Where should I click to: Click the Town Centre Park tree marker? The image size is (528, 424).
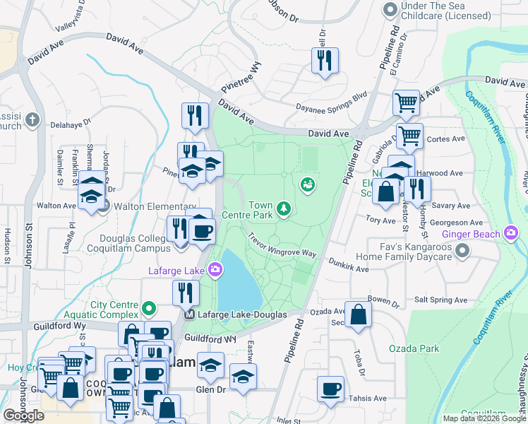tap(283, 208)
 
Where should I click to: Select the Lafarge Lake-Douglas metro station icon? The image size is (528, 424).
tap(189, 314)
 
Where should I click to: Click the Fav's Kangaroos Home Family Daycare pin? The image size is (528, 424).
tap(462, 250)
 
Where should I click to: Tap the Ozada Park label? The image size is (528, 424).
tap(414, 348)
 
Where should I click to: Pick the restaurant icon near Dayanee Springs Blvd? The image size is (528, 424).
tap(325, 60)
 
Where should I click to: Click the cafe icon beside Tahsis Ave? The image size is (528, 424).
tap(330, 389)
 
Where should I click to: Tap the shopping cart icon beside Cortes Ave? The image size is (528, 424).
tap(409, 135)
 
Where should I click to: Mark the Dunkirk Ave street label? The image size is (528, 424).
tap(349, 264)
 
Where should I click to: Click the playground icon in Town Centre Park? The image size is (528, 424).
tap(307, 185)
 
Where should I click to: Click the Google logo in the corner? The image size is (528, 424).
tap(23, 416)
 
